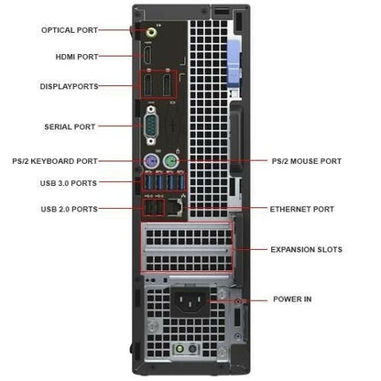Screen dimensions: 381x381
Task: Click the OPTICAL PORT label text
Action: pos(70,30)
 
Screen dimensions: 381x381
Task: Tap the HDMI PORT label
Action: pos(77,57)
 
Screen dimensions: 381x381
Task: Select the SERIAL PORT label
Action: pos(70,126)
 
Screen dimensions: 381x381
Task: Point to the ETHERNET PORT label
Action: pos(301,209)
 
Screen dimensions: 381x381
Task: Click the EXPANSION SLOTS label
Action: pos(306,249)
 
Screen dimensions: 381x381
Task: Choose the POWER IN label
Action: pos(292,299)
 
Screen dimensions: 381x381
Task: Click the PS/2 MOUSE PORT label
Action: pos(307,161)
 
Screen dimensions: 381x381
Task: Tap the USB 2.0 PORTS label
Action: pos(70,209)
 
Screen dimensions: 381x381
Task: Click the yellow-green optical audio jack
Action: pos(152,32)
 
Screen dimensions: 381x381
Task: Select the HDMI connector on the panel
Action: pos(148,54)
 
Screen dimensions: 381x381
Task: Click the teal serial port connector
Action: pos(150,125)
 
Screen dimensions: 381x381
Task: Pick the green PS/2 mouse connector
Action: pos(170,160)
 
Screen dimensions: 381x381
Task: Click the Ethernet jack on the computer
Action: pos(175,208)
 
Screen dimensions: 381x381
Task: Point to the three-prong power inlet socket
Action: pos(190,301)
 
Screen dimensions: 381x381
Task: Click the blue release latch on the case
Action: pos(234,64)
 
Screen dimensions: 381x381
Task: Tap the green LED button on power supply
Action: pos(180,349)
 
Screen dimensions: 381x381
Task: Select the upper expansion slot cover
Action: pos(187,236)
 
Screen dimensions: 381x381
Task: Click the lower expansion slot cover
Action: pos(187,261)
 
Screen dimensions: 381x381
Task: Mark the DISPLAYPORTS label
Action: pos(70,86)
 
